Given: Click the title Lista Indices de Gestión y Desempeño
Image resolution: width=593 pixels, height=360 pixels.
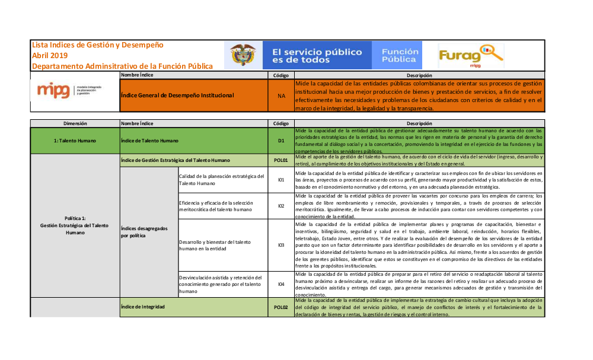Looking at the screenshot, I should click(x=98, y=45).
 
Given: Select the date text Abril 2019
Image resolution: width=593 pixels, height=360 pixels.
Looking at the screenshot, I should click(x=50, y=55).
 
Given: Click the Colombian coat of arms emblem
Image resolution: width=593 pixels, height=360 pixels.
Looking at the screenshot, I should click(x=243, y=56).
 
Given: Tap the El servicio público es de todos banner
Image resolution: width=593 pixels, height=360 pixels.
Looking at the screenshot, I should click(x=317, y=56).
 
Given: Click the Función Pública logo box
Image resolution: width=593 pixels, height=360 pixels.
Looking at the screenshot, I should click(x=399, y=56).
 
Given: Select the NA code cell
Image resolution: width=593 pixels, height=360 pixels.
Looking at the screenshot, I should click(x=280, y=95).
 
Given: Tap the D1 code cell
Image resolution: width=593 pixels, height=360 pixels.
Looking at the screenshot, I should click(x=280, y=141).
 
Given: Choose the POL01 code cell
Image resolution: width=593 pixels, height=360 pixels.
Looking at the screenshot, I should click(x=280, y=160).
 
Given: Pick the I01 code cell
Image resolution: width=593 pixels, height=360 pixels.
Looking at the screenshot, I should click(x=280, y=179).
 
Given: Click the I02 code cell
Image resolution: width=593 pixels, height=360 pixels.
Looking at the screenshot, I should click(x=280, y=206).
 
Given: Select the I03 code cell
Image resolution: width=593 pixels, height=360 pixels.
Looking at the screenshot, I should click(x=280, y=245).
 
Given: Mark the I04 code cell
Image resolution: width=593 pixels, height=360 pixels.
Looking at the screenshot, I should click(x=280, y=284).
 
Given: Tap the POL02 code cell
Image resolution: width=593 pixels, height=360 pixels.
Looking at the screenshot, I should click(x=280, y=307).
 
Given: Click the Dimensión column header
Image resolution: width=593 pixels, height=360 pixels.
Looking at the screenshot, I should click(x=75, y=123).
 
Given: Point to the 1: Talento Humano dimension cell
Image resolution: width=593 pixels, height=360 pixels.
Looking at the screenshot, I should click(x=75, y=141).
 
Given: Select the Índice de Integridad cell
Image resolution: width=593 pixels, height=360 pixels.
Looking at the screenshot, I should click(x=193, y=307).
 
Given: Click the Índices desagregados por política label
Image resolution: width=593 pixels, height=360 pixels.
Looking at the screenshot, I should click(x=148, y=232).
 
